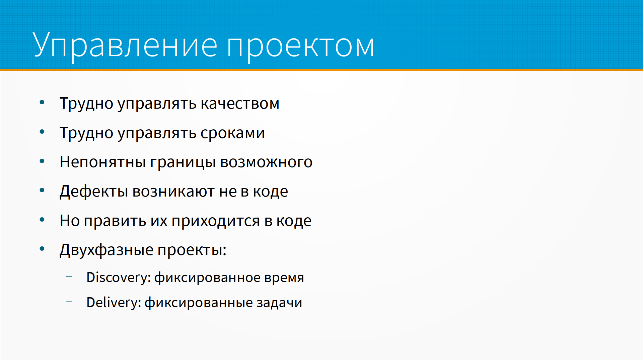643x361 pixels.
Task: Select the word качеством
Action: (240, 104)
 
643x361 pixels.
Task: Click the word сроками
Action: (232, 133)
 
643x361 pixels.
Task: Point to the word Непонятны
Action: (102, 162)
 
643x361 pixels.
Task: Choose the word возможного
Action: (266, 162)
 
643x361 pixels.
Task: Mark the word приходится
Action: (216, 221)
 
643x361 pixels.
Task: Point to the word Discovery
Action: (119, 278)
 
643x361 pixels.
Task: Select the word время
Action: (284, 278)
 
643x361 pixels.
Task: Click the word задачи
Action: (279, 303)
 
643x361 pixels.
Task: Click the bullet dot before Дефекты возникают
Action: (42, 191)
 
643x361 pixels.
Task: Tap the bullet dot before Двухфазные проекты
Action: (42, 249)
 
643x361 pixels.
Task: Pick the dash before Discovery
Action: (69, 277)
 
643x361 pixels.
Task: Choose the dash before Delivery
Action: (69, 302)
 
